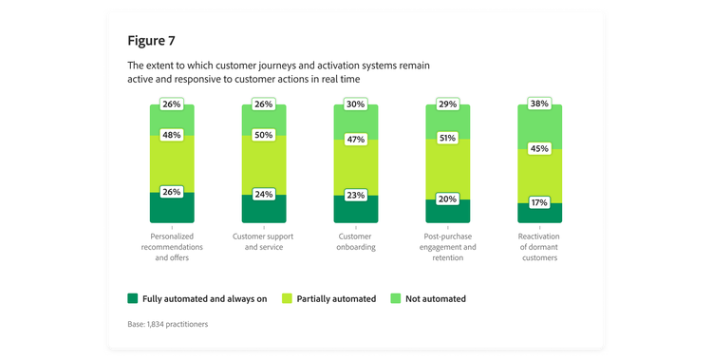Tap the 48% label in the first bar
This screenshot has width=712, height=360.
(x=172, y=135)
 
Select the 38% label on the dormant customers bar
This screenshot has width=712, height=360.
(x=539, y=104)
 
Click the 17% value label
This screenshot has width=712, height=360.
(x=539, y=202)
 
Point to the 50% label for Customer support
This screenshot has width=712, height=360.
(x=264, y=135)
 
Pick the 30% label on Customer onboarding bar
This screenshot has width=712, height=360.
(x=356, y=104)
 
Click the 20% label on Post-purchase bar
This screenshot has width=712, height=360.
(x=447, y=199)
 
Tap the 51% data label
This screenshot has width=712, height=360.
(x=447, y=138)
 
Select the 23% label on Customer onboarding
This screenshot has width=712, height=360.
(x=356, y=196)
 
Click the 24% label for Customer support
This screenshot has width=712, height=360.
(x=264, y=195)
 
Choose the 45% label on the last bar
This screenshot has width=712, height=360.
(x=539, y=147)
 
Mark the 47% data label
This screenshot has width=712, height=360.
(x=356, y=139)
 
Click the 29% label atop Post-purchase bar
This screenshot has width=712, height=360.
(x=447, y=103)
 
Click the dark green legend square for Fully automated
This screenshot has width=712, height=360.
(x=133, y=298)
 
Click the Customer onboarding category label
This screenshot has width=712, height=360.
(x=356, y=240)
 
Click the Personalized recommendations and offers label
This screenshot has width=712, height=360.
(x=172, y=246)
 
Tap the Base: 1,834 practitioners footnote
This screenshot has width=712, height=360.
(x=167, y=325)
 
